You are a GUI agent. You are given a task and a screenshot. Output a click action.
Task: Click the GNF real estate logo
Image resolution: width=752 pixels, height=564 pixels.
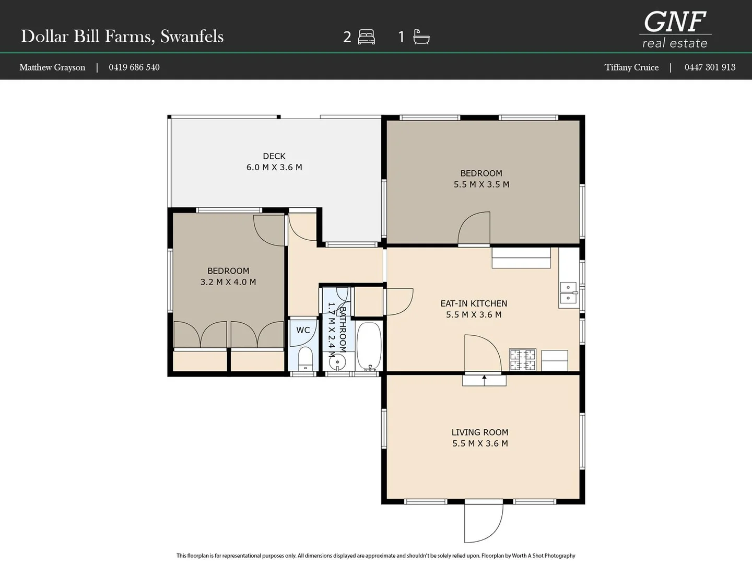click(675, 30)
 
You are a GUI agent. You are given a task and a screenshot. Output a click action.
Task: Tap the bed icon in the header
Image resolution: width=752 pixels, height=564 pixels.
click(366, 37)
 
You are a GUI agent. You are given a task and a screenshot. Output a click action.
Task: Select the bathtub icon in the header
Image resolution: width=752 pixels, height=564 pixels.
click(421, 37)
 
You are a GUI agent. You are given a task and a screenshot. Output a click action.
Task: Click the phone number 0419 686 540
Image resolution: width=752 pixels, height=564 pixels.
click(134, 67)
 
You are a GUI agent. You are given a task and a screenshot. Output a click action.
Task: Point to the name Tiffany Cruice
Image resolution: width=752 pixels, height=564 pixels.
click(631, 67)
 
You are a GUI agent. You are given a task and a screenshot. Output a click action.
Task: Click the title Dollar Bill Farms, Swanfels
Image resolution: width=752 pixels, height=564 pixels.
click(122, 37)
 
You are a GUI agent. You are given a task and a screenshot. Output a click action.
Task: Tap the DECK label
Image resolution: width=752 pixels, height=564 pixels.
click(274, 156)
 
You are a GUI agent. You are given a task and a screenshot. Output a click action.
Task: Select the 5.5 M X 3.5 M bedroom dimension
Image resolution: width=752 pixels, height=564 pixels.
click(481, 184)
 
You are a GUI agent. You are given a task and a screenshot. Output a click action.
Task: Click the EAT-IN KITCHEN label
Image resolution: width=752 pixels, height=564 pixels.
click(474, 303)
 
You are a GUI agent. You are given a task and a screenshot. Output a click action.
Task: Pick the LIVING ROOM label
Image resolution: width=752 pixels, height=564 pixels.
click(479, 432)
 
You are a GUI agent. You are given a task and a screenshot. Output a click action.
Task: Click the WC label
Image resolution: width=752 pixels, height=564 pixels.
click(303, 330)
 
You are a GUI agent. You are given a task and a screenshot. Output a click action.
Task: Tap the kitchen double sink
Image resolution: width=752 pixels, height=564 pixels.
click(568, 293)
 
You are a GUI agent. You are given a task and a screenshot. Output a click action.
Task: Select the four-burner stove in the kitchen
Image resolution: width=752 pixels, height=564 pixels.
click(522, 360)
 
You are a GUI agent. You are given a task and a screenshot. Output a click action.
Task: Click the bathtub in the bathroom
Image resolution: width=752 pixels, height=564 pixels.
click(369, 346)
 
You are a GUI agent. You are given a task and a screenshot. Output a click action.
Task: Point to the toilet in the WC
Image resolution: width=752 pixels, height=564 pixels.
click(305, 359)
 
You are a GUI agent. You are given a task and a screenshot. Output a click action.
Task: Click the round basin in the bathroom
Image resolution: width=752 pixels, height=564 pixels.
click(337, 362)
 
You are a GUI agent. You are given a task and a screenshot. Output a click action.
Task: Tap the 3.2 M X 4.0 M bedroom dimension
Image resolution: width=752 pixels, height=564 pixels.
click(228, 282)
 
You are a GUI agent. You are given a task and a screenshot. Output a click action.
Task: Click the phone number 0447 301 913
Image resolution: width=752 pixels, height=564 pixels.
click(710, 67)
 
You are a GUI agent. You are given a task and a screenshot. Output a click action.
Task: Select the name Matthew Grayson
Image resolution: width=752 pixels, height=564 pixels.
click(52, 67)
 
